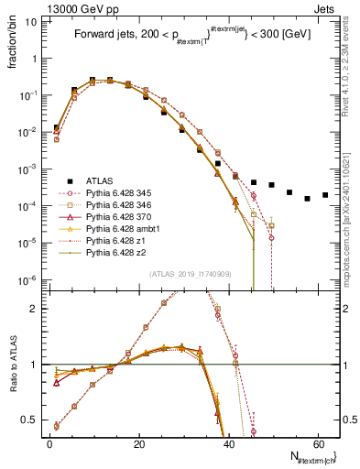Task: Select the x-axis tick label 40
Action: pos(228,444)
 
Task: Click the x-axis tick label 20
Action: pos(138,444)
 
